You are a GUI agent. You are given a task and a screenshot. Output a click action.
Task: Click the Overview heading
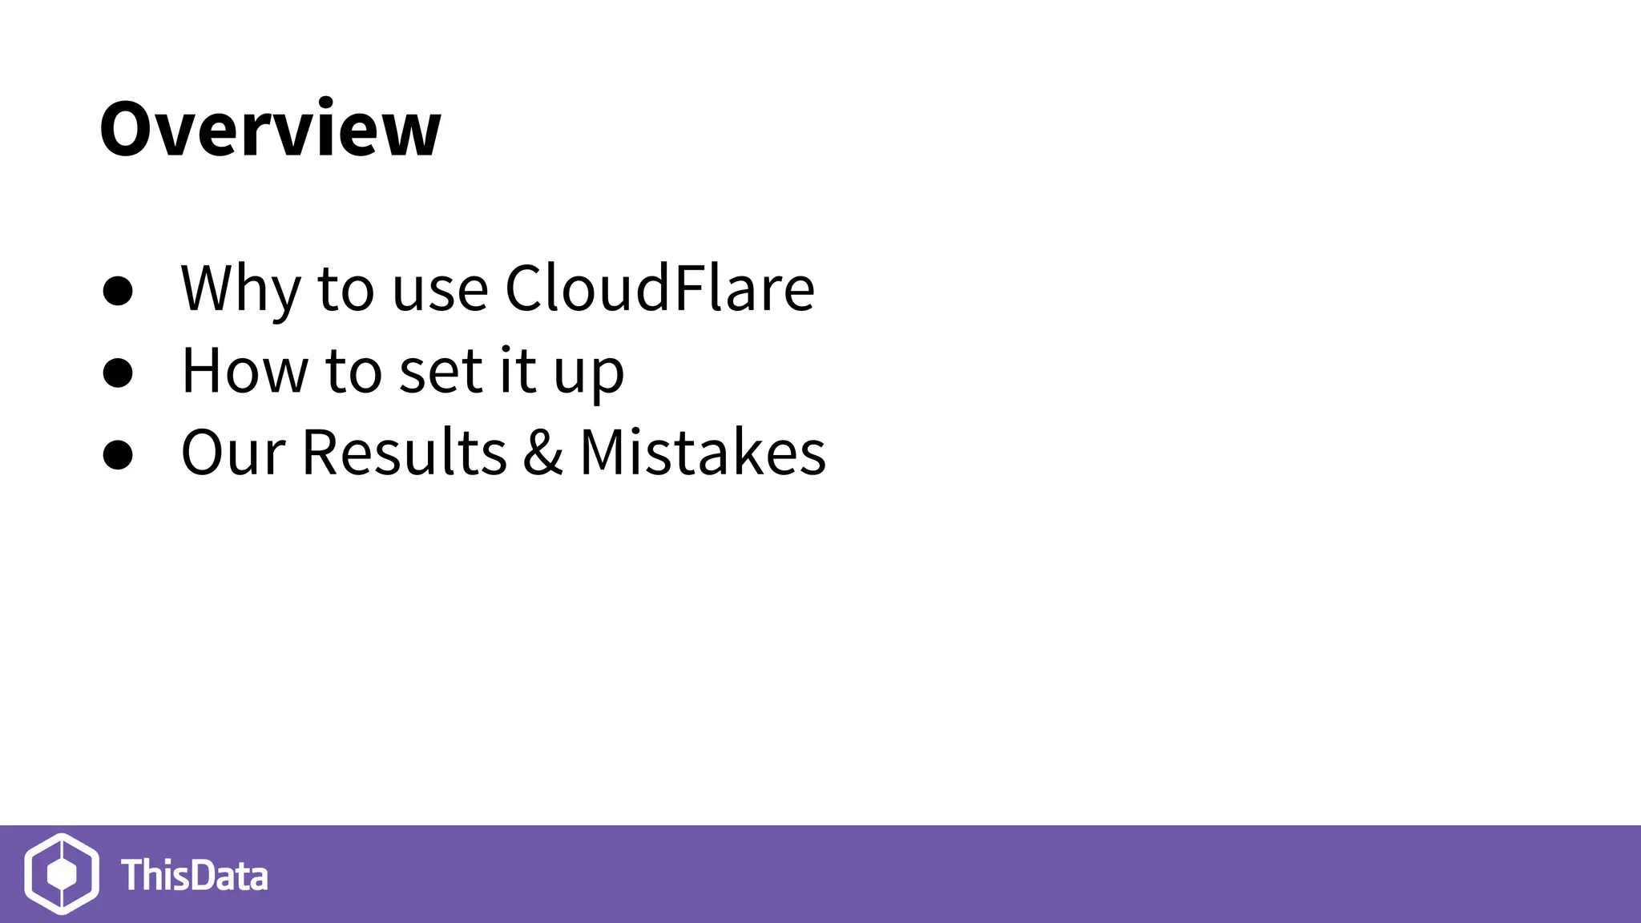[x=270, y=129]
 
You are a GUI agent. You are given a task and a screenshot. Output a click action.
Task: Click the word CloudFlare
[x=659, y=288]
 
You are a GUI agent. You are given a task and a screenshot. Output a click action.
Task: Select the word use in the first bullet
[x=440, y=290]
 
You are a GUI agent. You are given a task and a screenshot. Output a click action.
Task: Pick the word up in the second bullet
[x=588, y=375]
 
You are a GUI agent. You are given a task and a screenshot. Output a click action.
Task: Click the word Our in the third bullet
[x=232, y=453]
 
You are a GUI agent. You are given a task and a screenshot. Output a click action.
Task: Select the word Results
[x=404, y=453]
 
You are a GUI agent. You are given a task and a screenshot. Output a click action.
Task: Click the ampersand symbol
[x=542, y=453]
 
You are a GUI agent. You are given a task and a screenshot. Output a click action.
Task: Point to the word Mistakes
[x=702, y=453]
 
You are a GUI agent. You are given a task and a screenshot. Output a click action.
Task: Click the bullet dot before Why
[x=118, y=291]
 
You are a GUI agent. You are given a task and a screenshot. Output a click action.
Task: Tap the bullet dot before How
[x=118, y=373]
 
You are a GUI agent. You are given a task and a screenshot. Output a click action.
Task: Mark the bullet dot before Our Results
[x=118, y=454]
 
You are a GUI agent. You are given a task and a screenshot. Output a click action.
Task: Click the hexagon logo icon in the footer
[x=62, y=873]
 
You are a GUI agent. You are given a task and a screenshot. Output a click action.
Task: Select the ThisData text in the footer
[x=194, y=875]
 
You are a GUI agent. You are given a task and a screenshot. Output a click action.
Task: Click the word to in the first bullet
[x=345, y=289]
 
